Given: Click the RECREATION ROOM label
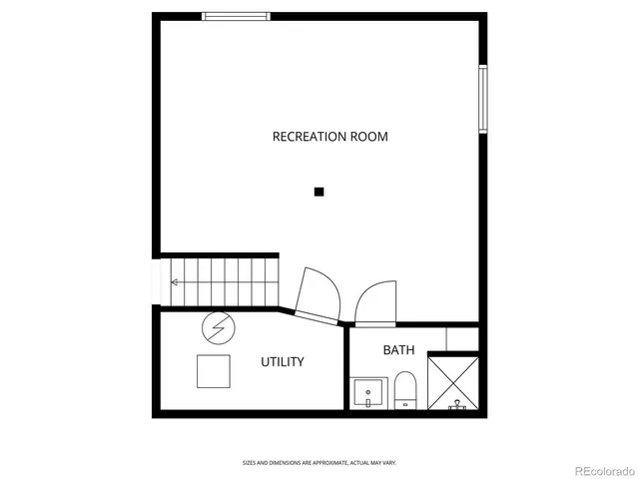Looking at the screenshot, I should coord(329,137).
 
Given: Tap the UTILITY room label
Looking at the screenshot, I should coord(283,362).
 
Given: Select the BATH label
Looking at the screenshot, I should coord(398,350).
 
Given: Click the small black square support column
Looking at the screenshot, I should coord(319,192).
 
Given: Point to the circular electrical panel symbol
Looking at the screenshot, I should coord(217,326).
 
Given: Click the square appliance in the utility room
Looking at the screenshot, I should coord(215,370).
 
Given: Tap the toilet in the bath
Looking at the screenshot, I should coord(404,389).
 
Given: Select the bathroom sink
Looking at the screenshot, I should coord(367,392).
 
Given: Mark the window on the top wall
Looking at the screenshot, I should coord(236,16).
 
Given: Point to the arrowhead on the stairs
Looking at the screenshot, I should coord(174,282).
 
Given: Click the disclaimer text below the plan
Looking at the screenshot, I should coord(319,462).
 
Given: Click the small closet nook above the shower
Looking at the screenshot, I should coord(461,338).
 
